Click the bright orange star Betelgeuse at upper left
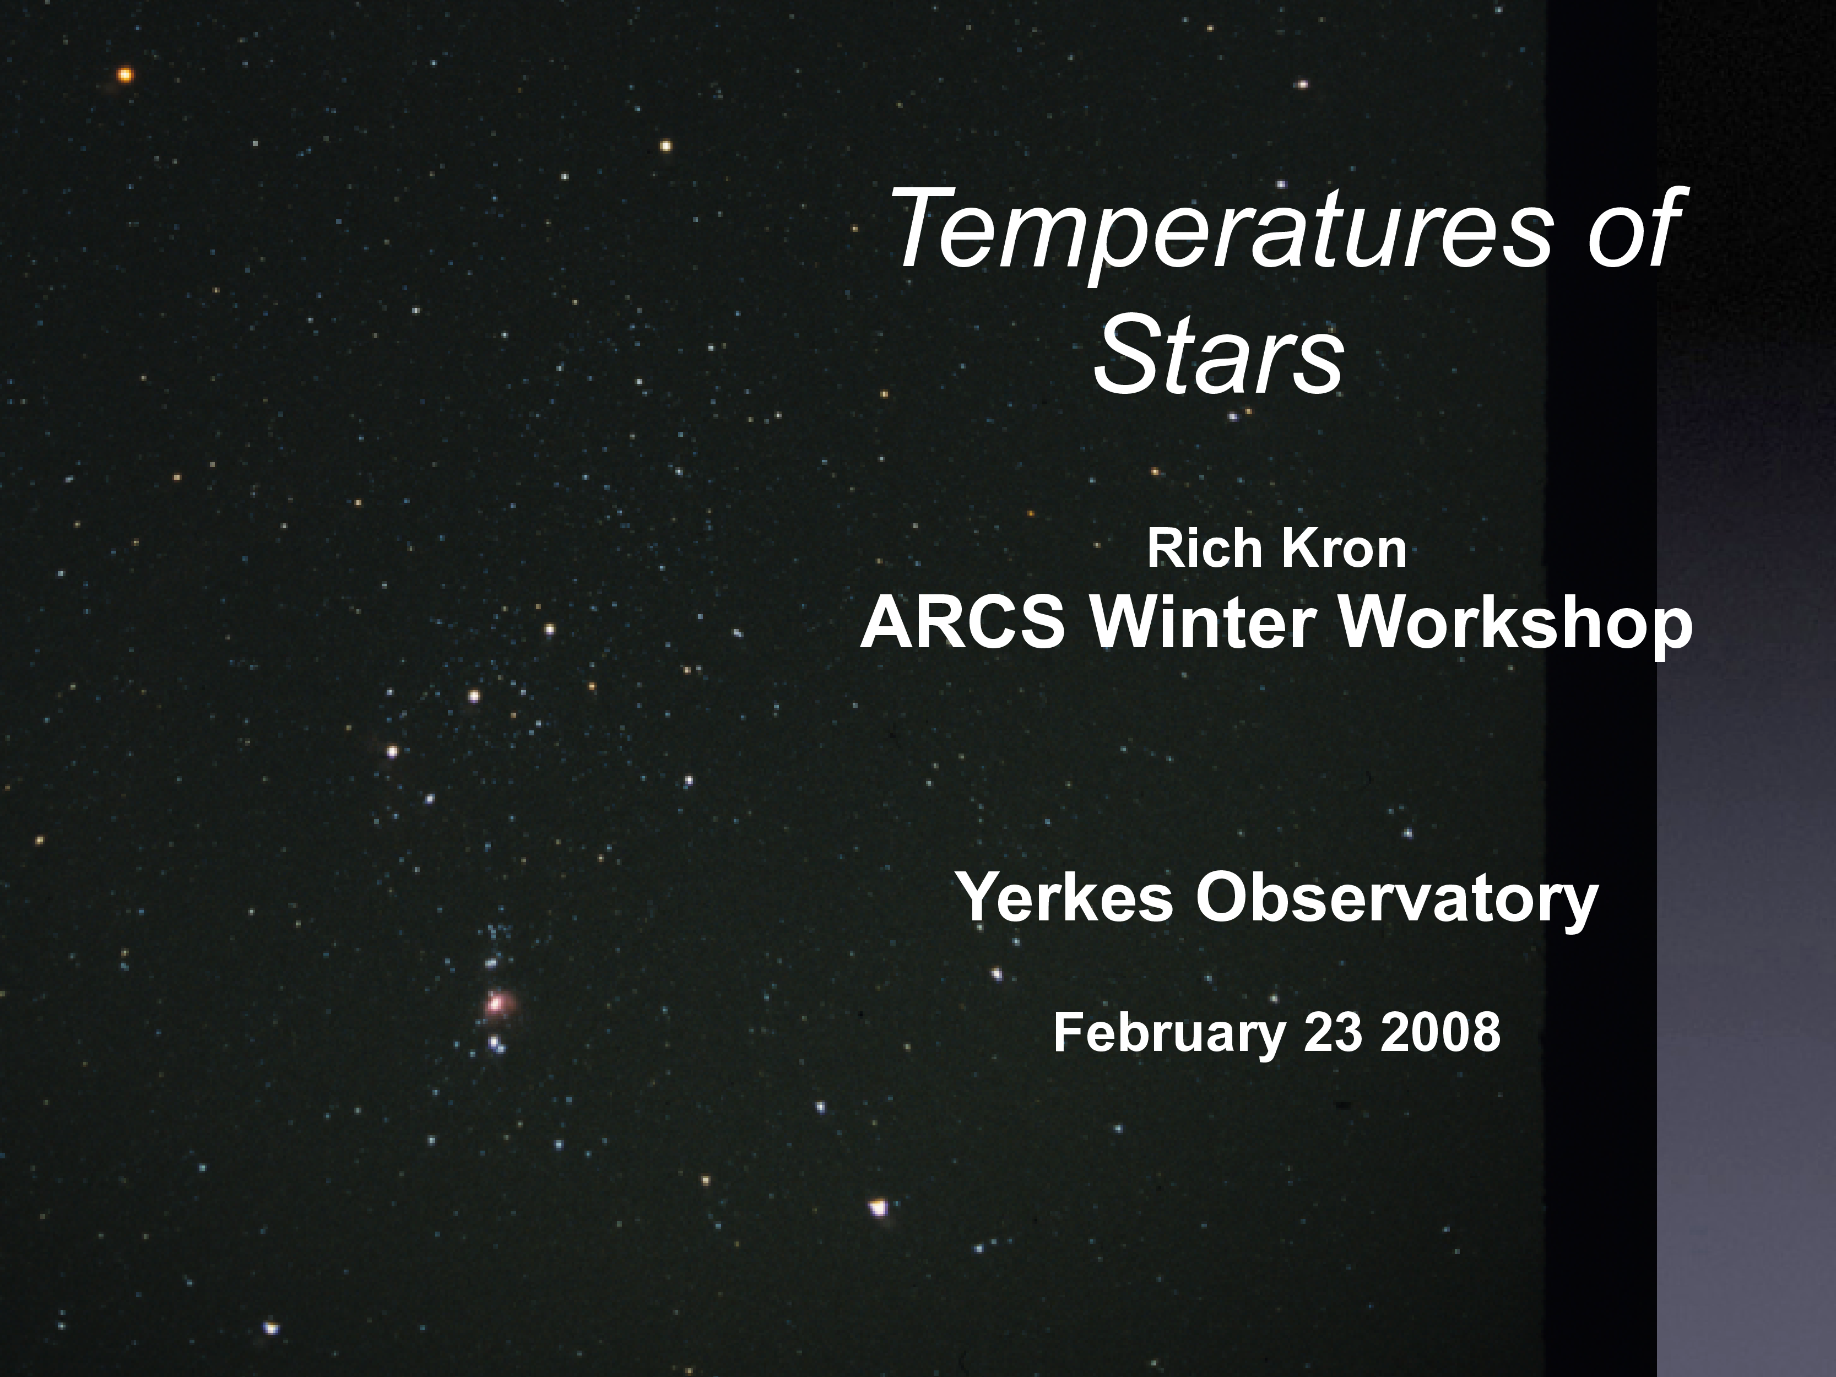point(124,75)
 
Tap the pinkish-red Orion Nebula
point(497,1004)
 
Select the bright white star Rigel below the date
point(878,1207)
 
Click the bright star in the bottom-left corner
point(270,1328)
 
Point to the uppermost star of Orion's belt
point(549,629)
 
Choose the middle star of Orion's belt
point(474,696)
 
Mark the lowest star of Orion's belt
point(393,752)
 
